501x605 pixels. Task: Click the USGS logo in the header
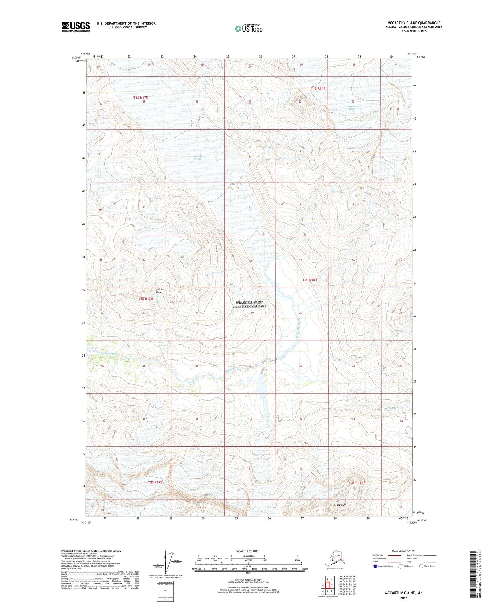(x=76, y=27)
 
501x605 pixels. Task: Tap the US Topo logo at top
(x=248, y=28)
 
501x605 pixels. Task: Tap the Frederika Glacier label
(x=197, y=158)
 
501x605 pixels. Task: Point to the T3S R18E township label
(x=356, y=483)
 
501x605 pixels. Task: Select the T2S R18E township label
(x=310, y=280)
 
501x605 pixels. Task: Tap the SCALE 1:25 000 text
(x=247, y=551)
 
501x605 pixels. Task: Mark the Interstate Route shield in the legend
(x=375, y=566)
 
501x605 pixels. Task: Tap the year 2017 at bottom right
(x=403, y=598)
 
